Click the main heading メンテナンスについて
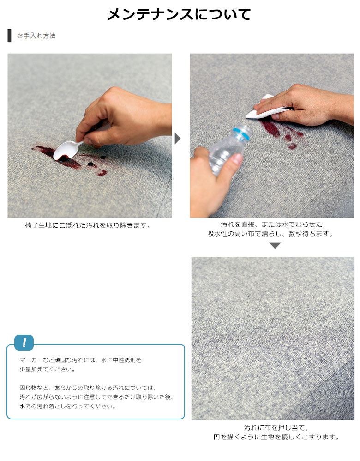click(x=179, y=14)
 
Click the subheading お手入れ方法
click(x=36, y=36)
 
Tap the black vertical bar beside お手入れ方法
click(x=9, y=36)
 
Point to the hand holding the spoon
click(x=123, y=118)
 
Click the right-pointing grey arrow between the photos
click(x=178, y=139)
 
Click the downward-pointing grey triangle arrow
click(x=275, y=245)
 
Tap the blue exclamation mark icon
click(x=24, y=342)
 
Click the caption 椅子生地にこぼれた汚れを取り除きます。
click(x=88, y=225)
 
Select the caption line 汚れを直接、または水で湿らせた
click(x=271, y=224)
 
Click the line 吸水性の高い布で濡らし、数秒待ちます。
click(x=270, y=234)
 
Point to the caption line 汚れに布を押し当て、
click(x=276, y=427)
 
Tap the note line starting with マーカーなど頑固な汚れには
click(x=80, y=360)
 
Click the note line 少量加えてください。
click(x=48, y=369)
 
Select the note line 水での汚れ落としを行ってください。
click(x=68, y=406)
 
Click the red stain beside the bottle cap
click(x=279, y=132)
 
